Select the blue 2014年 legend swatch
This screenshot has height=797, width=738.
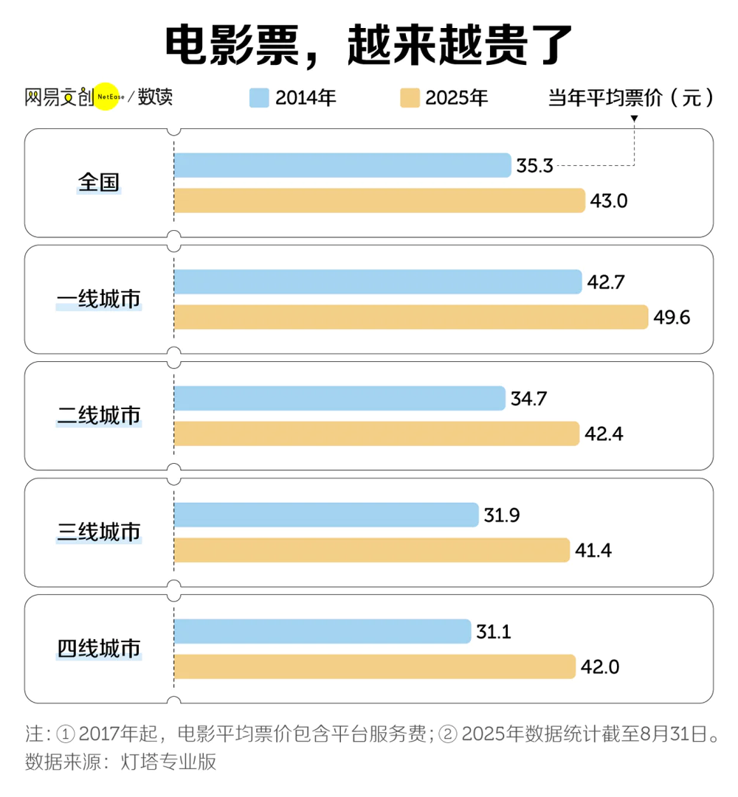pos(259,97)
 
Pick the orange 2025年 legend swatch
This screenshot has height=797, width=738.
pos(410,97)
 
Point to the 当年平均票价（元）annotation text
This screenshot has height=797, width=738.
pos(632,97)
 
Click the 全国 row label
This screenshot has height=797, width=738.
pos(100,182)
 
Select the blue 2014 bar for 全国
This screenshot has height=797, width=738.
pos(342,165)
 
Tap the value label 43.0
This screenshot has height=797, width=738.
pos(609,201)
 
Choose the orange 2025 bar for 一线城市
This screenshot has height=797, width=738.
pos(411,317)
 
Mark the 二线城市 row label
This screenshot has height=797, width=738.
pos(100,415)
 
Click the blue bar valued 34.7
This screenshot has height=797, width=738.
pos(339,398)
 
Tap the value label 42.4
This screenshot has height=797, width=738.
pos(604,434)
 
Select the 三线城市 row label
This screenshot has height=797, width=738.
pos(100,532)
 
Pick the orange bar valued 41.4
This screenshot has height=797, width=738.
pos(372,550)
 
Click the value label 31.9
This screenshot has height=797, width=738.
pos(502,515)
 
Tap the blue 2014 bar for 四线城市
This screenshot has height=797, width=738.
pos(323,631)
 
